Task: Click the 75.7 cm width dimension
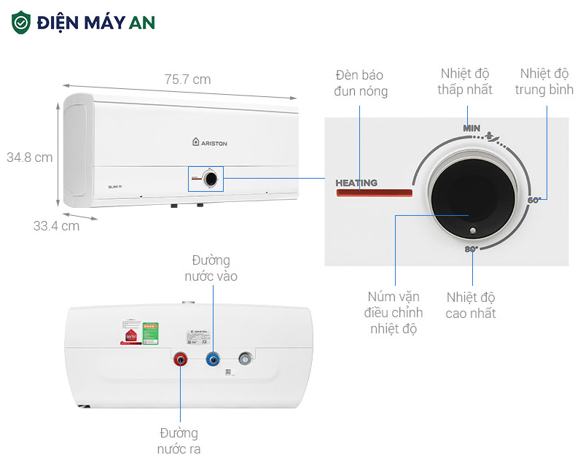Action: [x=187, y=79]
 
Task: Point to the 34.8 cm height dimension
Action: [x=30, y=158]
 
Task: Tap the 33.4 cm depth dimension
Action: [x=56, y=226]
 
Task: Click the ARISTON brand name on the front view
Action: [x=210, y=144]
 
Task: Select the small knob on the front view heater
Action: [x=210, y=177]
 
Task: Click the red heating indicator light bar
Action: [x=374, y=193]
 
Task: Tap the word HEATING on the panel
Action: [x=356, y=183]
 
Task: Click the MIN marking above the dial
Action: [x=472, y=128]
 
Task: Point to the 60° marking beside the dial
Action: [x=535, y=200]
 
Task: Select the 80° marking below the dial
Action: [x=471, y=249]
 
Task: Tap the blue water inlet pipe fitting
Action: [x=213, y=359]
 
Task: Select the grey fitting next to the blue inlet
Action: [x=246, y=359]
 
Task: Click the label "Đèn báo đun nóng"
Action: [x=360, y=83]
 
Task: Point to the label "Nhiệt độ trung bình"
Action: [x=544, y=82]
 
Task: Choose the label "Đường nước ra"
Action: [x=179, y=441]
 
